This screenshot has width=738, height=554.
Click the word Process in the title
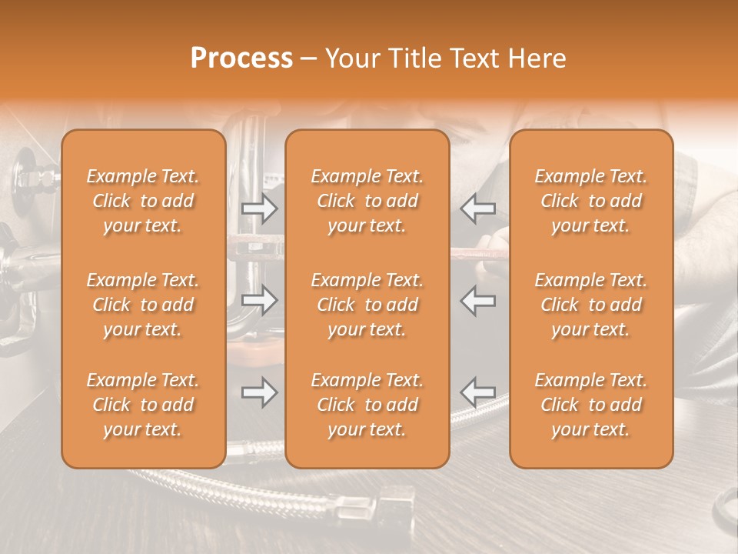(x=241, y=58)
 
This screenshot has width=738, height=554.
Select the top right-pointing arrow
(x=259, y=208)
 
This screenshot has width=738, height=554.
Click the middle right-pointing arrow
(x=259, y=300)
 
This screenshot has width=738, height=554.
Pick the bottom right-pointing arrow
(x=259, y=392)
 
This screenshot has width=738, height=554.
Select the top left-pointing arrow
(x=478, y=208)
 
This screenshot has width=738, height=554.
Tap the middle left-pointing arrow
(x=478, y=300)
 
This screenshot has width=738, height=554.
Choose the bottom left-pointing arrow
(x=478, y=392)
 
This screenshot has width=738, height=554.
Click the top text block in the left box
(x=143, y=201)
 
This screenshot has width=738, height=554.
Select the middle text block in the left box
(x=143, y=305)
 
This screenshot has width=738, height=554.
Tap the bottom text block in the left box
(x=143, y=405)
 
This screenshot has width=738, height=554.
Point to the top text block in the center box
(x=367, y=201)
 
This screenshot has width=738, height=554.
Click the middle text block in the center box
(x=367, y=305)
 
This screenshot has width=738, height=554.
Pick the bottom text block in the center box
(x=367, y=405)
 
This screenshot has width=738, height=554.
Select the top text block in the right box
(x=591, y=201)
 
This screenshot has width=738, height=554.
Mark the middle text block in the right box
(x=591, y=305)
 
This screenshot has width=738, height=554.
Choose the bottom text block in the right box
(x=591, y=405)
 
